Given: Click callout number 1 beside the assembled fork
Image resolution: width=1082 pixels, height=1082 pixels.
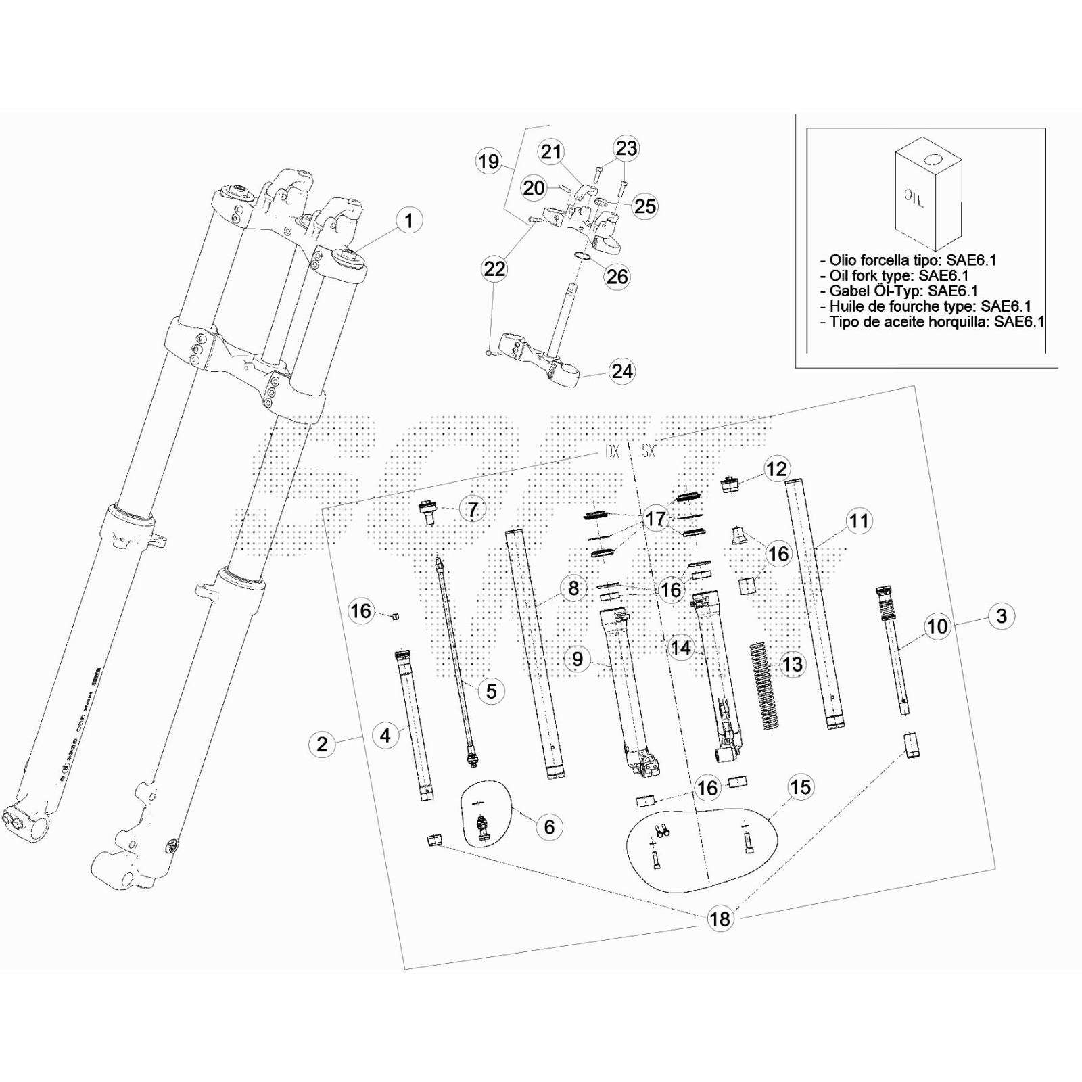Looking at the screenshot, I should click(x=408, y=220).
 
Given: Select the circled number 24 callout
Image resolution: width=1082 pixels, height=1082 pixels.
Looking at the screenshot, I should click(x=622, y=371).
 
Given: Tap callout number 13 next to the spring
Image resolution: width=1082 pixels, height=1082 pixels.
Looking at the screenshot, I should click(x=792, y=664).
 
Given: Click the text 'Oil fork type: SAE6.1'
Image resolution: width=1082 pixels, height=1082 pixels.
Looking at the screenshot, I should click(x=898, y=275).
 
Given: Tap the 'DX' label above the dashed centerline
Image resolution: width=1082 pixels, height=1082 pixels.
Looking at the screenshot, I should click(x=611, y=451).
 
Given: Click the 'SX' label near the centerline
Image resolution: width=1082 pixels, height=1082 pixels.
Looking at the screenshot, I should click(x=649, y=451).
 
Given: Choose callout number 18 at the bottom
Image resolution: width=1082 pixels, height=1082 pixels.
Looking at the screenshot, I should click(x=720, y=918).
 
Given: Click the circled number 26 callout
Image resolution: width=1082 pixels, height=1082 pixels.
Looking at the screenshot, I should click(x=617, y=276).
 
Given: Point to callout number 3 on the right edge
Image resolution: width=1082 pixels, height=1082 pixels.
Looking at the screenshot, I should click(x=1002, y=616).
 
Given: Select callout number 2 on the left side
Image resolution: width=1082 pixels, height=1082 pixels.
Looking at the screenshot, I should click(x=322, y=744).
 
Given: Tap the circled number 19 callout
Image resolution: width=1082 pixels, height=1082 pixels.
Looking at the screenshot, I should click(x=488, y=162).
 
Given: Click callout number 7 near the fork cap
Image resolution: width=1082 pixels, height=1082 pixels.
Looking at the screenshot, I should click(x=473, y=509).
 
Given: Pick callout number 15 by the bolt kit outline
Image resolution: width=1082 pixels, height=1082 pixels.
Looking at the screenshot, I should click(x=800, y=787).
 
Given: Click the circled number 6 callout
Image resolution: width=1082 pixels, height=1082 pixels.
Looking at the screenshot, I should click(x=549, y=826).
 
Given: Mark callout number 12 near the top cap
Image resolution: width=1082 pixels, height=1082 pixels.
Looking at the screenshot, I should click(x=776, y=469).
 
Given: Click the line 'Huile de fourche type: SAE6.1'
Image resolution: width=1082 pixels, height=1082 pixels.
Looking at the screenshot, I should click(x=924, y=306).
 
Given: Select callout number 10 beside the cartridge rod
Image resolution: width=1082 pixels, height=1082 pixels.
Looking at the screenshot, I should click(x=937, y=626).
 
